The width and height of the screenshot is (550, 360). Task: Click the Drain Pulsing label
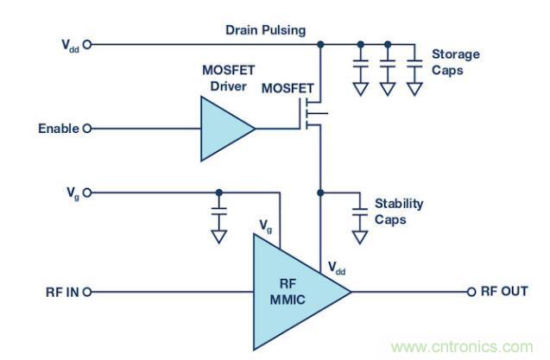(x=265, y=30)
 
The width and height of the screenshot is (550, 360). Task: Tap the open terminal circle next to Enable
(x=86, y=129)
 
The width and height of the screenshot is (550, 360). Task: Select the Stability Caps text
(x=398, y=211)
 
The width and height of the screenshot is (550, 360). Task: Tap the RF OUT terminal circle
(x=471, y=292)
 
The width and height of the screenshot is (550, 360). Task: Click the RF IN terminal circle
(x=86, y=292)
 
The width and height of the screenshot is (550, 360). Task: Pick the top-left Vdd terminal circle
(x=86, y=43)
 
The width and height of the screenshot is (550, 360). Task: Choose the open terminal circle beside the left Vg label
(x=86, y=192)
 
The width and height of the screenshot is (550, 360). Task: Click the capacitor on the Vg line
(x=219, y=210)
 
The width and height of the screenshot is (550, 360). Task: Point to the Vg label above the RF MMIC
(x=268, y=225)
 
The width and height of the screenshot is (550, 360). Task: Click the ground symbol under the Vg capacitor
(x=219, y=235)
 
